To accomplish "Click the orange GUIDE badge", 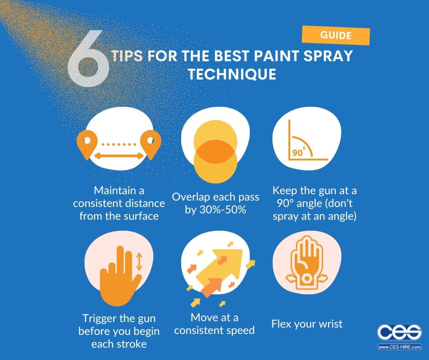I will [x=335, y=35].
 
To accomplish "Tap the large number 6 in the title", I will [x=89, y=64].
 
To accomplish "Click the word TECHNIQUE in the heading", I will [x=232, y=74].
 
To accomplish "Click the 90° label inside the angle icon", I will [x=298, y=153].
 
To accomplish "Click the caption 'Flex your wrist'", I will [x=307, y=324].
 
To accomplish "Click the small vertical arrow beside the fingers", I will [x=139, y=261].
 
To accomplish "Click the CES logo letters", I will [x=399, y=333].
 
